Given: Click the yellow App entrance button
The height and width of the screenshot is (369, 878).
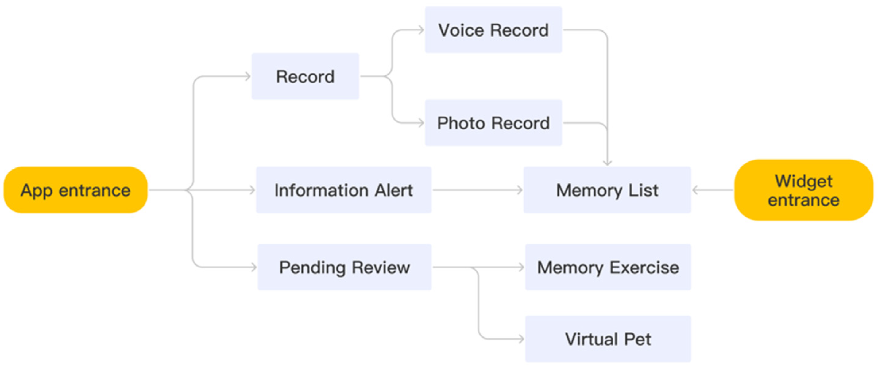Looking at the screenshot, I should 75,190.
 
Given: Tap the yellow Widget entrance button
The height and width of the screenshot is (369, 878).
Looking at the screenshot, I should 803,190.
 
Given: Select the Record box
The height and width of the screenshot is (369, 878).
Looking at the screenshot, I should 305,76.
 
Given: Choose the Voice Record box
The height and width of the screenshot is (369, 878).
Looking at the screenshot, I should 493,30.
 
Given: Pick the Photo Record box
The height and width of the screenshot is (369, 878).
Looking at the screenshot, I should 493,123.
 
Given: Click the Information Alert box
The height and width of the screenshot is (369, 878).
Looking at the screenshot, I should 344,190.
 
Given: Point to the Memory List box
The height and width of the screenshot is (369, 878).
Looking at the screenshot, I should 607,190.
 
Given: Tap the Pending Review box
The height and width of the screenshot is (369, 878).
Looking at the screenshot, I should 344,267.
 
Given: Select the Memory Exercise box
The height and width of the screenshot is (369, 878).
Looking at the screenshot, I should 608,267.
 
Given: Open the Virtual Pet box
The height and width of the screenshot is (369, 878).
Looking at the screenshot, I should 608,339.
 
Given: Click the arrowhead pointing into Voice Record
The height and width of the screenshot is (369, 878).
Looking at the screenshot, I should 421,30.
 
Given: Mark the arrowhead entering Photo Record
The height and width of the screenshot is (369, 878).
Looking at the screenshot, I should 421,123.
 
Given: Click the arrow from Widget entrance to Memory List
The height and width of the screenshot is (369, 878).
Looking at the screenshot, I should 712,190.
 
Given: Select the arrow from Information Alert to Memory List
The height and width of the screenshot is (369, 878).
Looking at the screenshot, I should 477,190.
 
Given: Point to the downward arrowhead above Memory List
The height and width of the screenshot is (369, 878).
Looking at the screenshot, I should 607,163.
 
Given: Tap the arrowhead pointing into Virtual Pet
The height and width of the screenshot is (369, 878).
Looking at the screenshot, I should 521,339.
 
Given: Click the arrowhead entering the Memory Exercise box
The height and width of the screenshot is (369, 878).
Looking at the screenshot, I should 521,267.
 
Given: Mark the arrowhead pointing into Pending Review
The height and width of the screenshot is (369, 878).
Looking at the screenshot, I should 253,267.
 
